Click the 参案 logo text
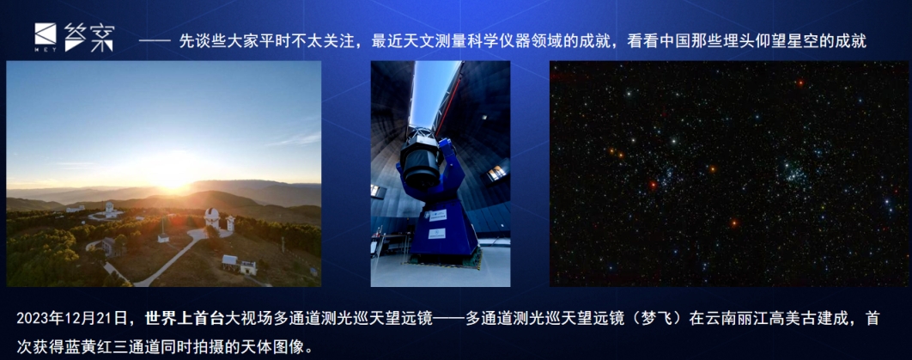[x=89, y=37]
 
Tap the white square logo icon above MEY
[x=46, y=34]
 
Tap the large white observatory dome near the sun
[x=212, y=217]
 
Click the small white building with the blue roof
[x=230, y=263]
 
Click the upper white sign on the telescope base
[x=438, y=215]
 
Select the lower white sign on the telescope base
[x=437, y=234]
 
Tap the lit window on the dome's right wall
[x=496, y=172]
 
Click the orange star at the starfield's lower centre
[x=734, y=223]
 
